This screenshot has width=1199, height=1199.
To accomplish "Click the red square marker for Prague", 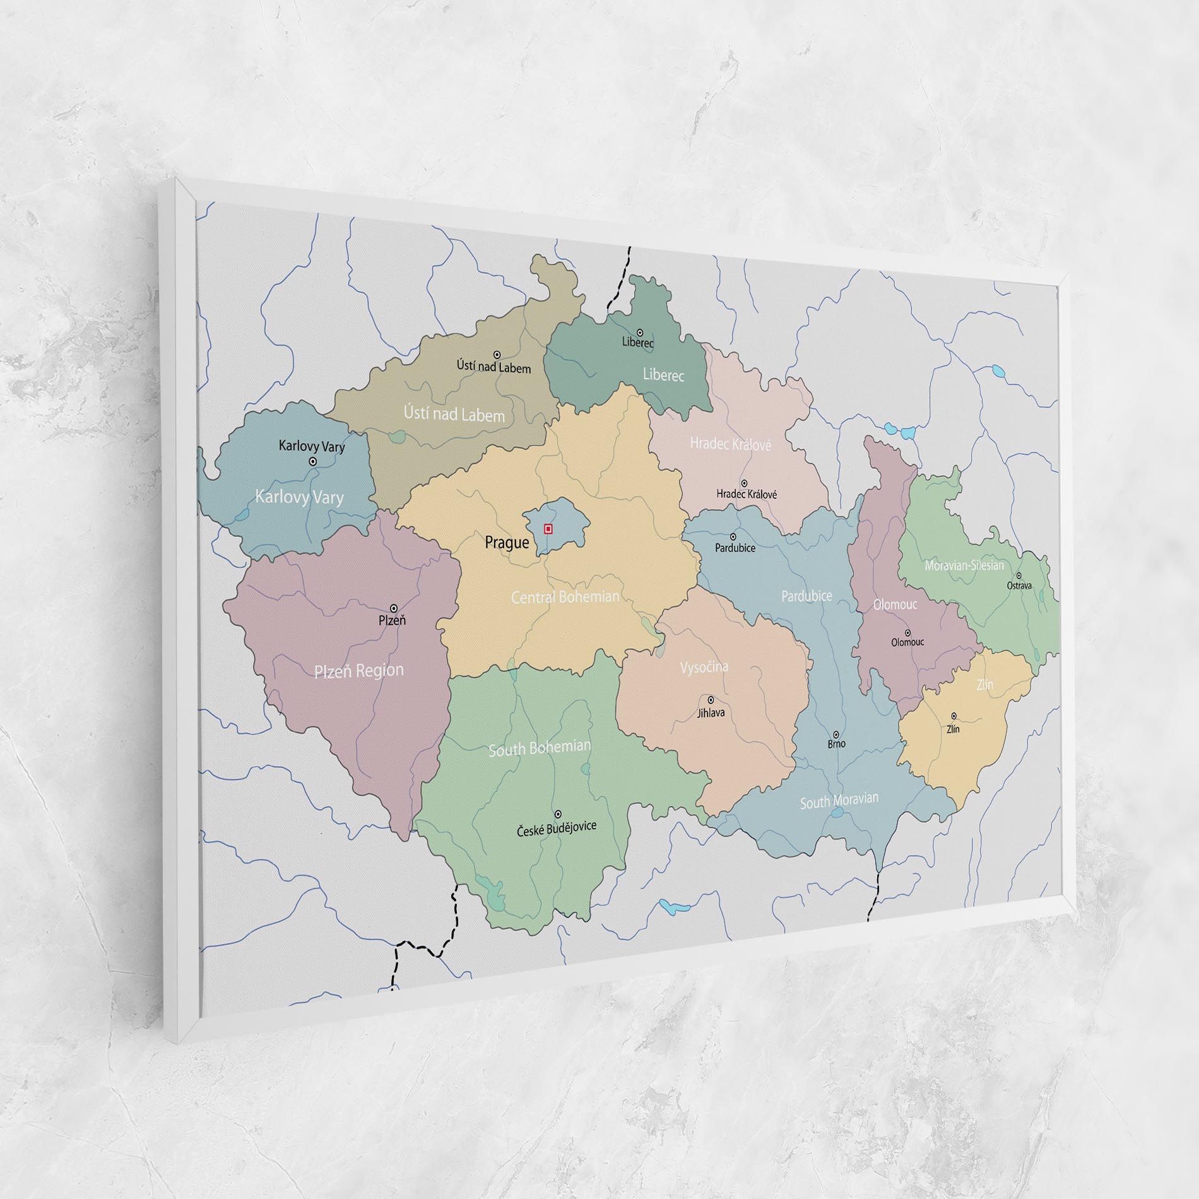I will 548,529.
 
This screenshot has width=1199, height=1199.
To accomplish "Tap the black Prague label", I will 506,543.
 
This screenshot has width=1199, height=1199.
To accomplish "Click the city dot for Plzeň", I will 394,608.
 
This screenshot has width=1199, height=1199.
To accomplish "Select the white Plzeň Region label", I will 359,671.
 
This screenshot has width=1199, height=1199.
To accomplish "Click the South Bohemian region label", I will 540,748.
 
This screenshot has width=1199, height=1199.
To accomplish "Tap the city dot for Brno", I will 836,735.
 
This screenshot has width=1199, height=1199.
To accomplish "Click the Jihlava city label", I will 711,713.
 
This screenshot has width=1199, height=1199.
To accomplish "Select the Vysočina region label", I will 704,667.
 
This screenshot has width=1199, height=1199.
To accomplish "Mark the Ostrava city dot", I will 1019,576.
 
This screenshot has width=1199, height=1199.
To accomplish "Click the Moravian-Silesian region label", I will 964,565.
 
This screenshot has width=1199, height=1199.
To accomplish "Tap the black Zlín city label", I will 953,729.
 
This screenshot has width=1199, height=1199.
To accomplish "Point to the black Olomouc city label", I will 907,642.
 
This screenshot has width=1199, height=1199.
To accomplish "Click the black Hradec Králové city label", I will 747,495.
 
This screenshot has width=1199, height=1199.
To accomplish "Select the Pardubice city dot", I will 733,537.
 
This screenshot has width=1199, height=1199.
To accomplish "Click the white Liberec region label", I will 663,375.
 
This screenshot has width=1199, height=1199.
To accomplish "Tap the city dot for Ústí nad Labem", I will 497,355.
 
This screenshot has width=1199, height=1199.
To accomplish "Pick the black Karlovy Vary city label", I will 312,447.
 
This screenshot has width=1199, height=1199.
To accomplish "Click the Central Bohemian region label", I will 565,597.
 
